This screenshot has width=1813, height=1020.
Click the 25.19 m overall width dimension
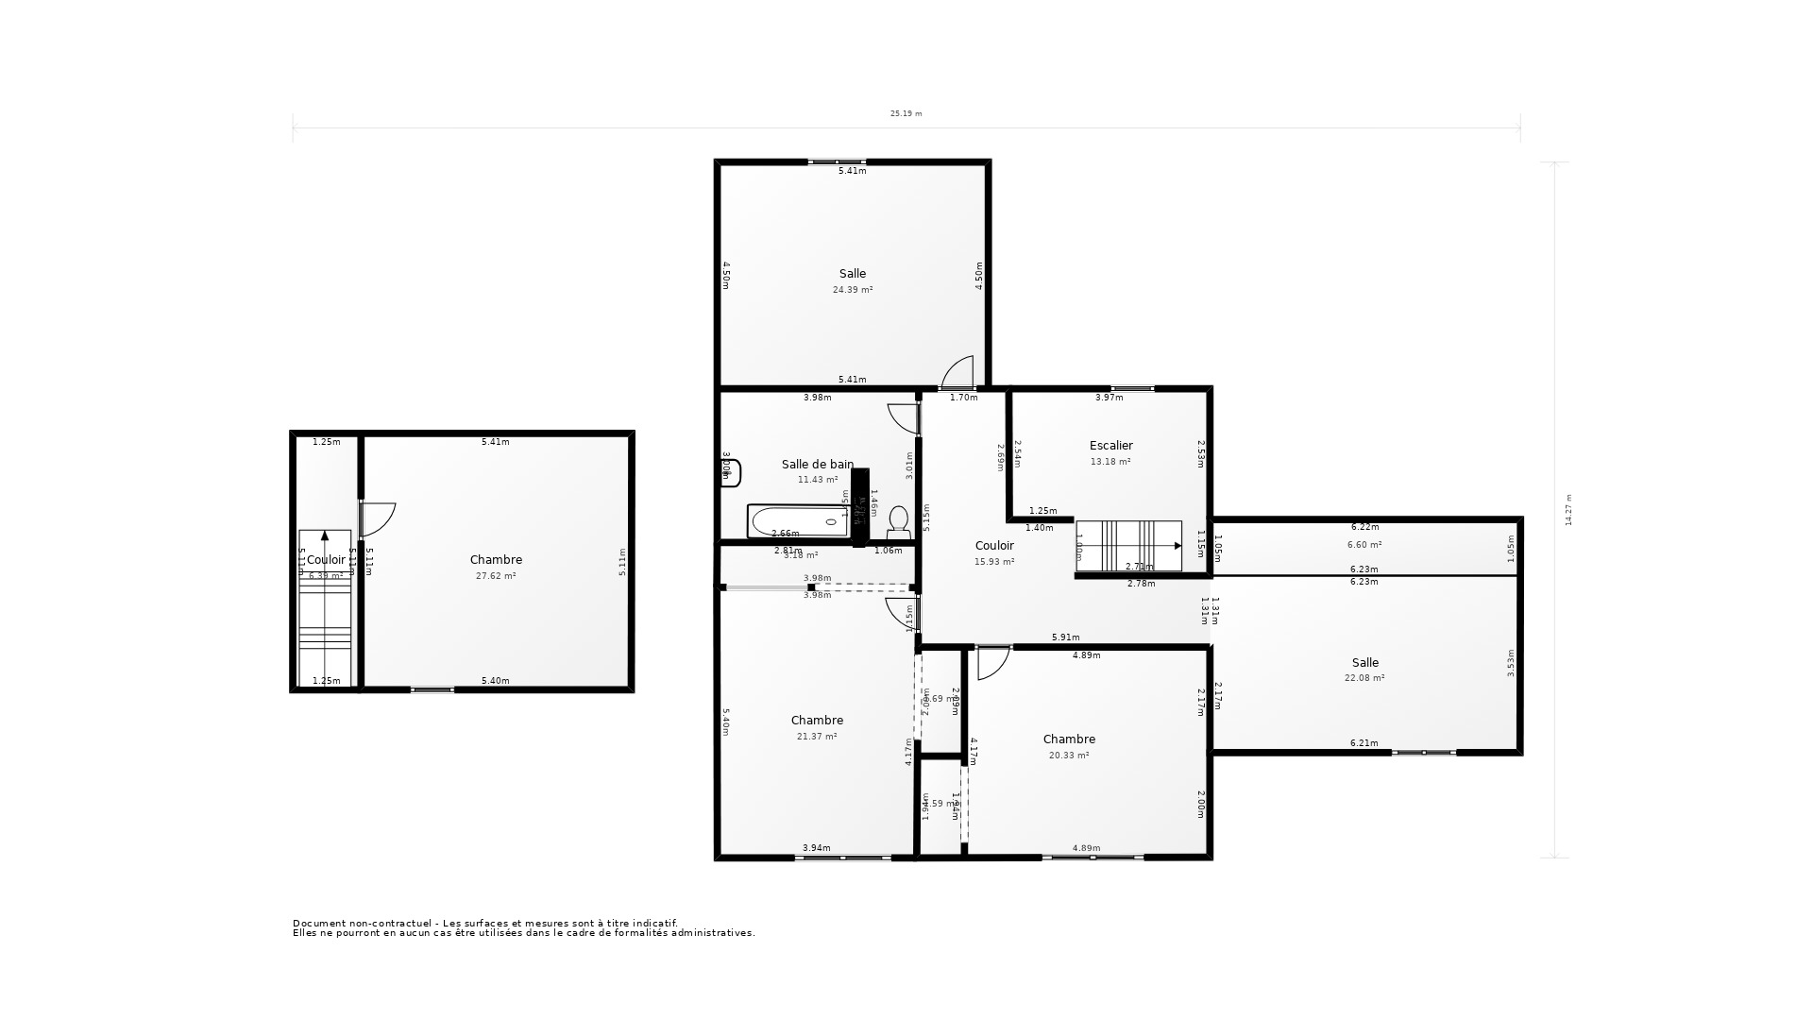tap(906, 113)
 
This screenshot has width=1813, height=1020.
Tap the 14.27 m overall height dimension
tap(1568, 510)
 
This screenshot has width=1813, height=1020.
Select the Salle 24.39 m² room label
tap(852, 280)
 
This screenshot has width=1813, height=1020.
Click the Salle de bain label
tap(817, 465)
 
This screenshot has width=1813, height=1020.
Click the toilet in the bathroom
tap(898, 522)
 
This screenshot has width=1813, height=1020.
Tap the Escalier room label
tap(1110, 446)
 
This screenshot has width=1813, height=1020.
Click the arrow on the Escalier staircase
tap(1177, 546)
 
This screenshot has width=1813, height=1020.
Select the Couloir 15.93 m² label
tap(993, 552)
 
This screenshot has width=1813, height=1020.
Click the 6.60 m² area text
tap(1364, 545)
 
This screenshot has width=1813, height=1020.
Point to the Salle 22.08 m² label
tap(1364, 669)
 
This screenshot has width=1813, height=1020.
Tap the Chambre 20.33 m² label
tap(1069, 746)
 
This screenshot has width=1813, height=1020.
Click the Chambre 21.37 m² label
tap(817, 727)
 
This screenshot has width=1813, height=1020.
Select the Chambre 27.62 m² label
tap(496, 567)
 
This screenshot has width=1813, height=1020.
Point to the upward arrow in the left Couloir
tap(325, 535)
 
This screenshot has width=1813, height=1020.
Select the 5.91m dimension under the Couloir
tap(1065, 637)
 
